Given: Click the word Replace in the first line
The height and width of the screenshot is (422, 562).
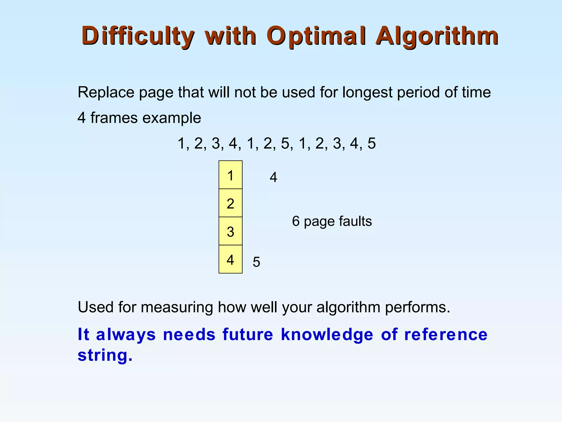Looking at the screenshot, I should [106, 92].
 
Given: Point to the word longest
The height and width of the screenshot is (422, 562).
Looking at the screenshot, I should [367, 92].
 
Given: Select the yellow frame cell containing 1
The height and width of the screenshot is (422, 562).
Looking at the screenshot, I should [231, 175].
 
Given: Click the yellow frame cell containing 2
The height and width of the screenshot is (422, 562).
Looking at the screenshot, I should [231, 203].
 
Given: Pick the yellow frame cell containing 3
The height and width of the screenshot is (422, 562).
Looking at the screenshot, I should [231, 231].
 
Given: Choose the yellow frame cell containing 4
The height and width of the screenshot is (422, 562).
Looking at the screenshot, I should [231, 259].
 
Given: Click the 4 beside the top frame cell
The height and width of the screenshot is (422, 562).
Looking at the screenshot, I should [273, 177].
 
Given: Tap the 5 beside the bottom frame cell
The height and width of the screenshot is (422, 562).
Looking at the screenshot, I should [256, 262].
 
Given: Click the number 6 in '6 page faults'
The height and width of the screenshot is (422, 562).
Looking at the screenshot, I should [296, 221].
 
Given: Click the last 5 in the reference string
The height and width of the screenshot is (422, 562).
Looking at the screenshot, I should [372, 143].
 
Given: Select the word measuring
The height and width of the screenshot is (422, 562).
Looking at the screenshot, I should [177, 307].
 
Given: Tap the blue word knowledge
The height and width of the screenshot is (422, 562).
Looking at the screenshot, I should [327, 334].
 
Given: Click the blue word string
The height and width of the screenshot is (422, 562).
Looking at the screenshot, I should [105, 355].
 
